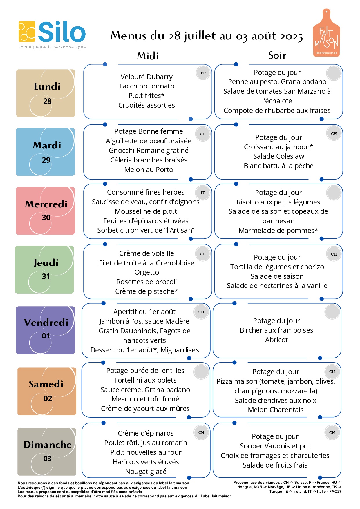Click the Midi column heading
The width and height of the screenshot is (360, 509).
[148, 56]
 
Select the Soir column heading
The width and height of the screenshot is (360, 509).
[277, 55]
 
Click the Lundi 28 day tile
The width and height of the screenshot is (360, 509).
[46, 93]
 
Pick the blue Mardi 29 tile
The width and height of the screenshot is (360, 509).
[46, 152]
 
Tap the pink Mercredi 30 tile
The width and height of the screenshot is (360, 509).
[46, 211]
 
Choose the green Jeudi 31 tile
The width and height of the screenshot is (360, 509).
[44, 269]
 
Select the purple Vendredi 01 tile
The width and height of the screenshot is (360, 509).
[46, 330]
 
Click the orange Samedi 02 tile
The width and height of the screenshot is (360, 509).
[47, 391]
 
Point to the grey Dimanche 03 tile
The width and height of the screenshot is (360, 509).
[47, 452]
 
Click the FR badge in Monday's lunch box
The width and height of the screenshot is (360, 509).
[203, 73]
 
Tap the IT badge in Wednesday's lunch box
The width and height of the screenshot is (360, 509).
[203, 193]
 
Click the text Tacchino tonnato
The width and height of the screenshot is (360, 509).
[146, 86]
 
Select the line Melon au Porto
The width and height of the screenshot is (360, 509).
[149, 170]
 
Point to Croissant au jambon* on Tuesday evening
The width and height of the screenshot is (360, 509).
[278, 147]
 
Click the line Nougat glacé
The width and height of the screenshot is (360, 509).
[146, 472]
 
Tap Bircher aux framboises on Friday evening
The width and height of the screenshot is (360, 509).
[276, 330]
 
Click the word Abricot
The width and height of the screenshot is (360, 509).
[276, 340]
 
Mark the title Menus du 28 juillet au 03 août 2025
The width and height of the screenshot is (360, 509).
[207, 36]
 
